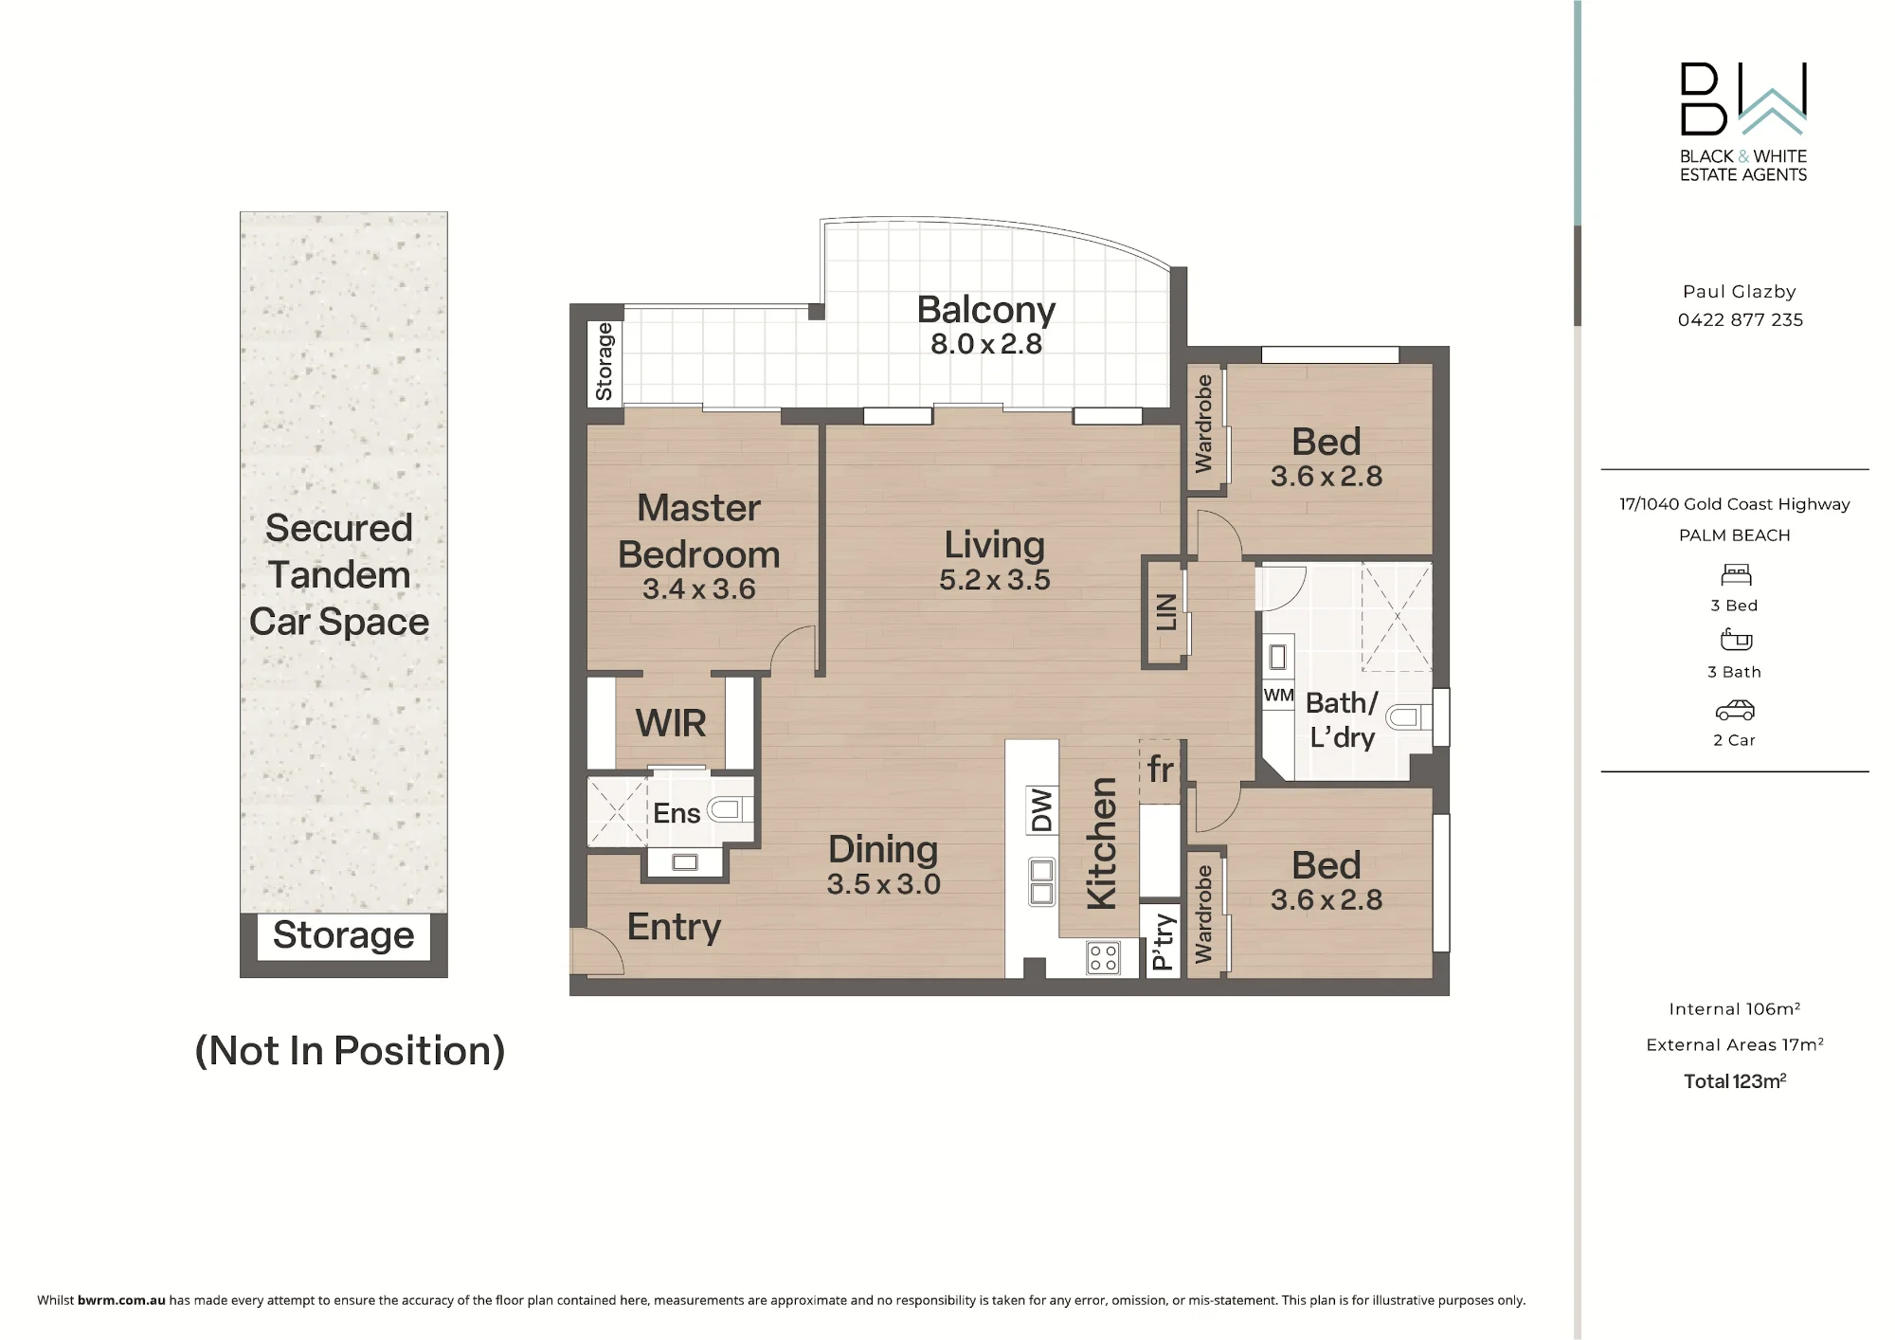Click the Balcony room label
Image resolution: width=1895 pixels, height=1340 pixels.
pos(985,310)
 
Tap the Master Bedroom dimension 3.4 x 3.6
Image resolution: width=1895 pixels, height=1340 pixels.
pos(699,589)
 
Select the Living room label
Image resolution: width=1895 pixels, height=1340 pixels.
pos(995,545)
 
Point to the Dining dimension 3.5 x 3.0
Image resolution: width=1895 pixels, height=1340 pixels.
pos(883,884)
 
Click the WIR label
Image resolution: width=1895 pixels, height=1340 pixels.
pos(671,723)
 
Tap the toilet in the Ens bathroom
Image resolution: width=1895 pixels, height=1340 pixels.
pos(731,809)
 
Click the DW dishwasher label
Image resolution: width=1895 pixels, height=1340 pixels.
pos(1042,810)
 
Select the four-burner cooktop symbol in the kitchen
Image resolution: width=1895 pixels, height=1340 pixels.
pos(1103,957)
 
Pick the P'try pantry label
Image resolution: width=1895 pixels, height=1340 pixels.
pos(1163,942)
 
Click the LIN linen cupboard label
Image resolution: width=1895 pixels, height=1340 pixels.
pos(1166,612)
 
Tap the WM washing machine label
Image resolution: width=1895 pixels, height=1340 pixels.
pos(1278,695)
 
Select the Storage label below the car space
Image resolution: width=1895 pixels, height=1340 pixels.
pos(343,935)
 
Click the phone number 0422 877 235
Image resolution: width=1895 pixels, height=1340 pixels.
pos(1740,320)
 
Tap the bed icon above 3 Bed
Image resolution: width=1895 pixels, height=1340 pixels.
pos(1736,574)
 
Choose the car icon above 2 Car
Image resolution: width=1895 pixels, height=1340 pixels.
pos(1735,710)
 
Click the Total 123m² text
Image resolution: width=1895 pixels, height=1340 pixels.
pos(1735,1081)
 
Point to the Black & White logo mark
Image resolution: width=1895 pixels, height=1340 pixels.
pos(1743,99)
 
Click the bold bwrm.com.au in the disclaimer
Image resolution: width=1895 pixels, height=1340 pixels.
pos(121,1300)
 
